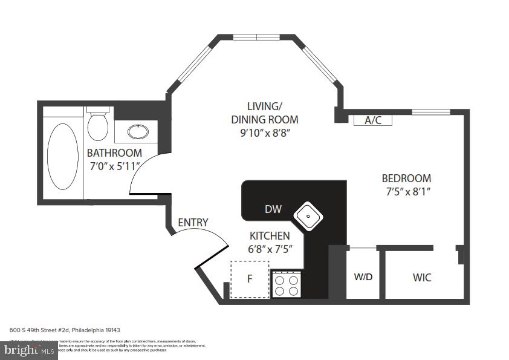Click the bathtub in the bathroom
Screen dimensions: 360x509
pyautogui.click(x=62, y=156)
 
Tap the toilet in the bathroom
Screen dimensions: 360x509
pyautogui.click(x=97, y=125)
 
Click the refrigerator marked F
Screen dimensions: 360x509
pyautogui.click(x=250, y=280)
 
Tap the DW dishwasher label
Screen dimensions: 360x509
pyautogui.click(x=273, y=209)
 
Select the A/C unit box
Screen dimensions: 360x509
pyautogui.click(x=373, y=120)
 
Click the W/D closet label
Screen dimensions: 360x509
pyautogui.click(x=363, y=278)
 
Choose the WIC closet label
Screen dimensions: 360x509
pyautogui.click(x=422, y=278)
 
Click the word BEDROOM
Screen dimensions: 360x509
pyautogui.click(x=406, y=178)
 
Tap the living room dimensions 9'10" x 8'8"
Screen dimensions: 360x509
pyautogui.click(x=265, y=133)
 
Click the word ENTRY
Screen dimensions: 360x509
pyautogui.click(x=193, y=223)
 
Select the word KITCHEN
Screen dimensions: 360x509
pyautogui.click(x=270, y=235)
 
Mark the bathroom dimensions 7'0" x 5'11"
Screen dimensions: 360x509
pyautogui.click(x=114, y=166)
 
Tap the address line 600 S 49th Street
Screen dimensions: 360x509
pyautogui.click(x=65, y=330)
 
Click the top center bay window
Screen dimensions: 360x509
pyautogui.click(x=257, y=37)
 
